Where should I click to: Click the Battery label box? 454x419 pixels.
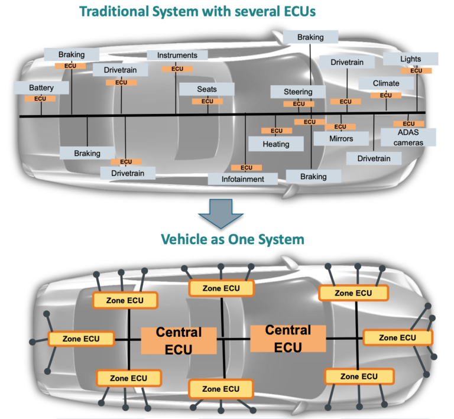[41, 88]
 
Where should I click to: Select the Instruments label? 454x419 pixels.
[177, 55]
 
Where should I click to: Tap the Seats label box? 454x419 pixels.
[207, 89]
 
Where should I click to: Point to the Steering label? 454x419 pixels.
[298, 92]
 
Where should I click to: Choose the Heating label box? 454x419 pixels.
[276, 144]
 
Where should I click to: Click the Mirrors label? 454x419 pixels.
[340, 139]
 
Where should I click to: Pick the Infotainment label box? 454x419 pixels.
[244, 178]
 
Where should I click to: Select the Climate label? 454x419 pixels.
[386, 83]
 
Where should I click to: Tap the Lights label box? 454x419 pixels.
[411, 59]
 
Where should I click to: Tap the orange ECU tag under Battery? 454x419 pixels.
[40, 99]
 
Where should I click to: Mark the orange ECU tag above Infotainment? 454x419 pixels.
[247, 168]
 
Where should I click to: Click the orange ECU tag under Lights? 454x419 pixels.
[416, 71]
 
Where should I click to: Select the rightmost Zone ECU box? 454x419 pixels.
[397, 337]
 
